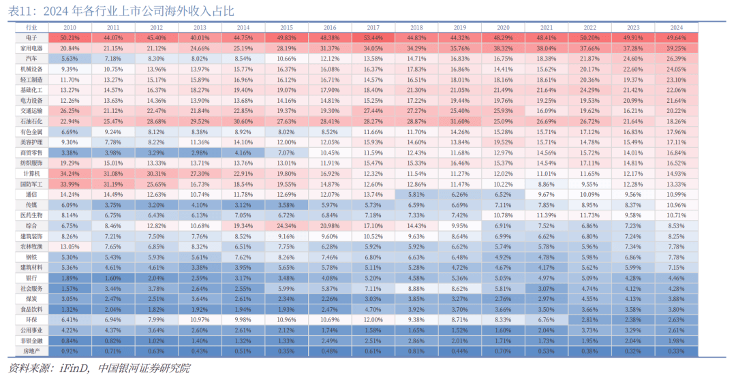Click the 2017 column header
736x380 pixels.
tap(373, 27)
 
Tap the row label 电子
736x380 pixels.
tap(31, 38)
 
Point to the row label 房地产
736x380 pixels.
tap(31, 351)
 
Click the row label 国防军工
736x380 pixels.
tap(31, 184)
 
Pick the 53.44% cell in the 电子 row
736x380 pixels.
tap(373, 38)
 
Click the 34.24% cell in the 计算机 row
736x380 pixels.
tap(70, 174)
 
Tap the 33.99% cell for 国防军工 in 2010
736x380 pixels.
tap(70, 184)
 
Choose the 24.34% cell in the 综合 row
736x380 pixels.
tap(286, 226)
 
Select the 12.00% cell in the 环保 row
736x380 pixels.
tap(373, 320)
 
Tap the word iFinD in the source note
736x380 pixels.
tap(72, 368)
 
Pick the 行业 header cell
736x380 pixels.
tap(31, 27)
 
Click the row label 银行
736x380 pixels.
tap(31, 278)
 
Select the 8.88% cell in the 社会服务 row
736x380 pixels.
tap(416, 289)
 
